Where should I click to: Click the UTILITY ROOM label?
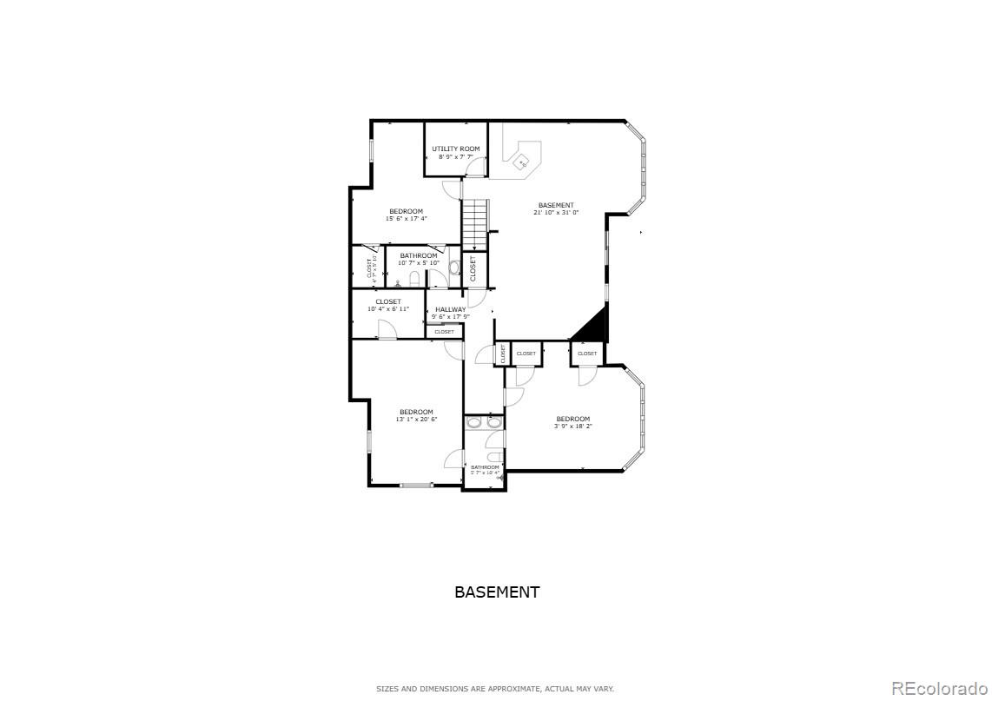pos(456,149)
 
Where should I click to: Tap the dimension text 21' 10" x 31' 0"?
pos(556,212)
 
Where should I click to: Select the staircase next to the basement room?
pos(473,223)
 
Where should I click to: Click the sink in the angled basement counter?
pos(523,162)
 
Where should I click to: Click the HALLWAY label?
pos(451,309)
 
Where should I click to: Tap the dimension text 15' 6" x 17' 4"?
pos(406,219)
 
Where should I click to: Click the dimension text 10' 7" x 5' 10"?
pos(419,262)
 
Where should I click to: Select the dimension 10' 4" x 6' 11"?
pos(388,308)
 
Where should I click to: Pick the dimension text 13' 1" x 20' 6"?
pos(416,419)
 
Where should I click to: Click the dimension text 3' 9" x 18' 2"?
pos(572,426)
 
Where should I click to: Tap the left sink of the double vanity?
pos(473,423)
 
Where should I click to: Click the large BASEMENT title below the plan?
pos(497,592)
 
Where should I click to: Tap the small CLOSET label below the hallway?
pos(444,332)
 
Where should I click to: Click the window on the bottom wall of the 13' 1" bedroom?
pos(415,485)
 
